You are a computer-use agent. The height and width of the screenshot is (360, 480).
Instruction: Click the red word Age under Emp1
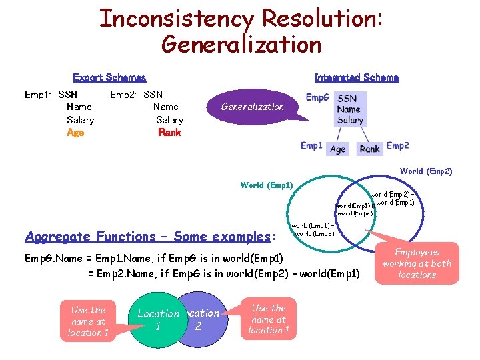coord(75,133)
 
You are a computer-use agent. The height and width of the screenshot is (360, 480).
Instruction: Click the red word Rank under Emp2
coord(169,133)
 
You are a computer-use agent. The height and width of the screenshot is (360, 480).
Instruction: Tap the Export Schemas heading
coord(109,78)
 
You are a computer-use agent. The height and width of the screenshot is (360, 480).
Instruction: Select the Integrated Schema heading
coord(356,78)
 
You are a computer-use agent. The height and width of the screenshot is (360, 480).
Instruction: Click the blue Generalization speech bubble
coord(253,107)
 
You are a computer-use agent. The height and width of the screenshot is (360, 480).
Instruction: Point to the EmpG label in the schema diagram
coord(317,97)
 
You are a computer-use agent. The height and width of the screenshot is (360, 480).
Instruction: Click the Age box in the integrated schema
coord(338,149)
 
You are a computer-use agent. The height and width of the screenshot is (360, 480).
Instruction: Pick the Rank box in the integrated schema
coord(369,149)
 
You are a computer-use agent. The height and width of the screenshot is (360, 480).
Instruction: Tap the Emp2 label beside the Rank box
coord(398,145)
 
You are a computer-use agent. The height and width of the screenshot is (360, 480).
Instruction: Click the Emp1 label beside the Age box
coord(311,145)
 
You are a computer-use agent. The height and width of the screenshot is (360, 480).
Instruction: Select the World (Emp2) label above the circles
coord(426,171)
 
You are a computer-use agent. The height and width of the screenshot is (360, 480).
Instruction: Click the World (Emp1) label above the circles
coord(266,185)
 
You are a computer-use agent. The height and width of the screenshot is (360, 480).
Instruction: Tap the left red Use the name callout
coord(88,321)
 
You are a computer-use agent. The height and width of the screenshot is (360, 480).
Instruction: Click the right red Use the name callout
coord(269,319)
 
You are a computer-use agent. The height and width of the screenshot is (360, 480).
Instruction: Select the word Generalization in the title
coord(241,45)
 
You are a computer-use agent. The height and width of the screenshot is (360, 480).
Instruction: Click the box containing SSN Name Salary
coord(350,109)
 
